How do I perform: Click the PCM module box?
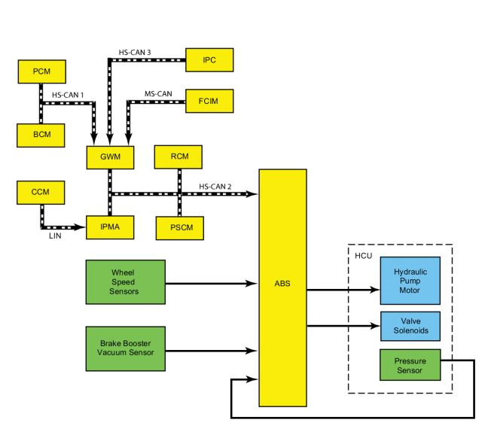[41, 71]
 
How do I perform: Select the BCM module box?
[41, 135]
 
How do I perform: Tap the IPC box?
[209, 60]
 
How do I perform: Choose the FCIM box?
[209, 101]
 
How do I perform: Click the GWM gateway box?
[111, 157]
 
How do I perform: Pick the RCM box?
[178, 157]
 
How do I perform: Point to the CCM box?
[41, 193]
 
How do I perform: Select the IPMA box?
[110, 227]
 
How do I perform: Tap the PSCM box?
[180, 228]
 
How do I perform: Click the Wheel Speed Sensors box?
[126, 282]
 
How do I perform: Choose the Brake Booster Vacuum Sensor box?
[126, 348]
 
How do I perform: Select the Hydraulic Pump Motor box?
[410, 281]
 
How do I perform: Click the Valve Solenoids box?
[410, 326]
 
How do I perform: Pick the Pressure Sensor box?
[410, 365]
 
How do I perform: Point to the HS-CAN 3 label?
[135, 53]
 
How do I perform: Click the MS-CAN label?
[158, 93]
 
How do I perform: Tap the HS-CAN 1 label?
[68, 95]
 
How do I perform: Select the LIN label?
[55, 236]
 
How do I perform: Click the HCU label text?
[364, 256]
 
